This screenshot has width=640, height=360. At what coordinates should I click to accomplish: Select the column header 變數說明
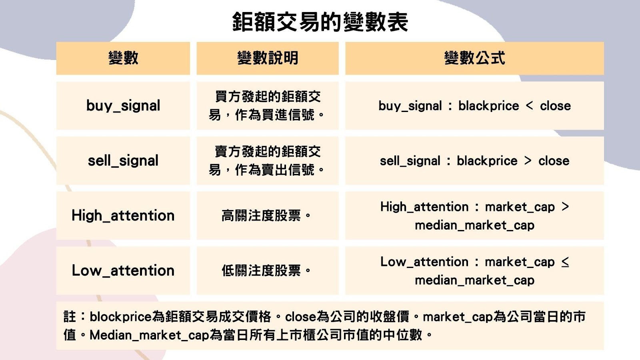tap(268, 58)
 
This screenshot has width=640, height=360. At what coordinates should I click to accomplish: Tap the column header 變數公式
tap(474, 58)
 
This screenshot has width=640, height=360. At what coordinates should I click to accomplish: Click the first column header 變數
tap(123, 58)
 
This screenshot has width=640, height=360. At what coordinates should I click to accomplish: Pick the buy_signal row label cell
tap(123, 106)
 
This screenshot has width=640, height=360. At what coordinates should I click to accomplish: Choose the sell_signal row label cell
tap(123, 161)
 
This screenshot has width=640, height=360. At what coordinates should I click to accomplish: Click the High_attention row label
tap(123, 216)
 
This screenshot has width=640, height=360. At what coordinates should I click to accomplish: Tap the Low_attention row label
tap(123, 271)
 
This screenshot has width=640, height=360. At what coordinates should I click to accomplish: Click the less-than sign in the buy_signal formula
tap(529, 106)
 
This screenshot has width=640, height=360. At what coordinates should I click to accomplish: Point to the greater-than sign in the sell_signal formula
tap(528, 161)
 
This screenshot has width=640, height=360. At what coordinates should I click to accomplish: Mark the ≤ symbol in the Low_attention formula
tap(565, 262)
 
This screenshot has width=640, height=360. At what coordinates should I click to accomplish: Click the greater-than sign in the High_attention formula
tap(565, 207)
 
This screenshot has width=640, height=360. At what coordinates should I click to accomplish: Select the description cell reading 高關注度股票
tap(266, 216)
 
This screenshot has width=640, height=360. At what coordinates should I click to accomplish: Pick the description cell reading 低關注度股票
tap(266, 271)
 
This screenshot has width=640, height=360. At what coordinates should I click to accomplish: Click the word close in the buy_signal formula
tap(555, 106)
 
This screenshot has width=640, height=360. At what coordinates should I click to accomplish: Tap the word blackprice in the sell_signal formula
tap(487, 161)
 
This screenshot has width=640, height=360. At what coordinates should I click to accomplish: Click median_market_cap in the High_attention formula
tap(474, 225)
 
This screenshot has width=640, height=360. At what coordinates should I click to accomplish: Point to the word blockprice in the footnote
tap(120, 317)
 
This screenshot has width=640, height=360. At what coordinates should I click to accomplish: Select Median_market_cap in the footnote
tap(149, 335)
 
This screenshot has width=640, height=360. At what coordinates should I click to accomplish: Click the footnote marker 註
tap(70, 317)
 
